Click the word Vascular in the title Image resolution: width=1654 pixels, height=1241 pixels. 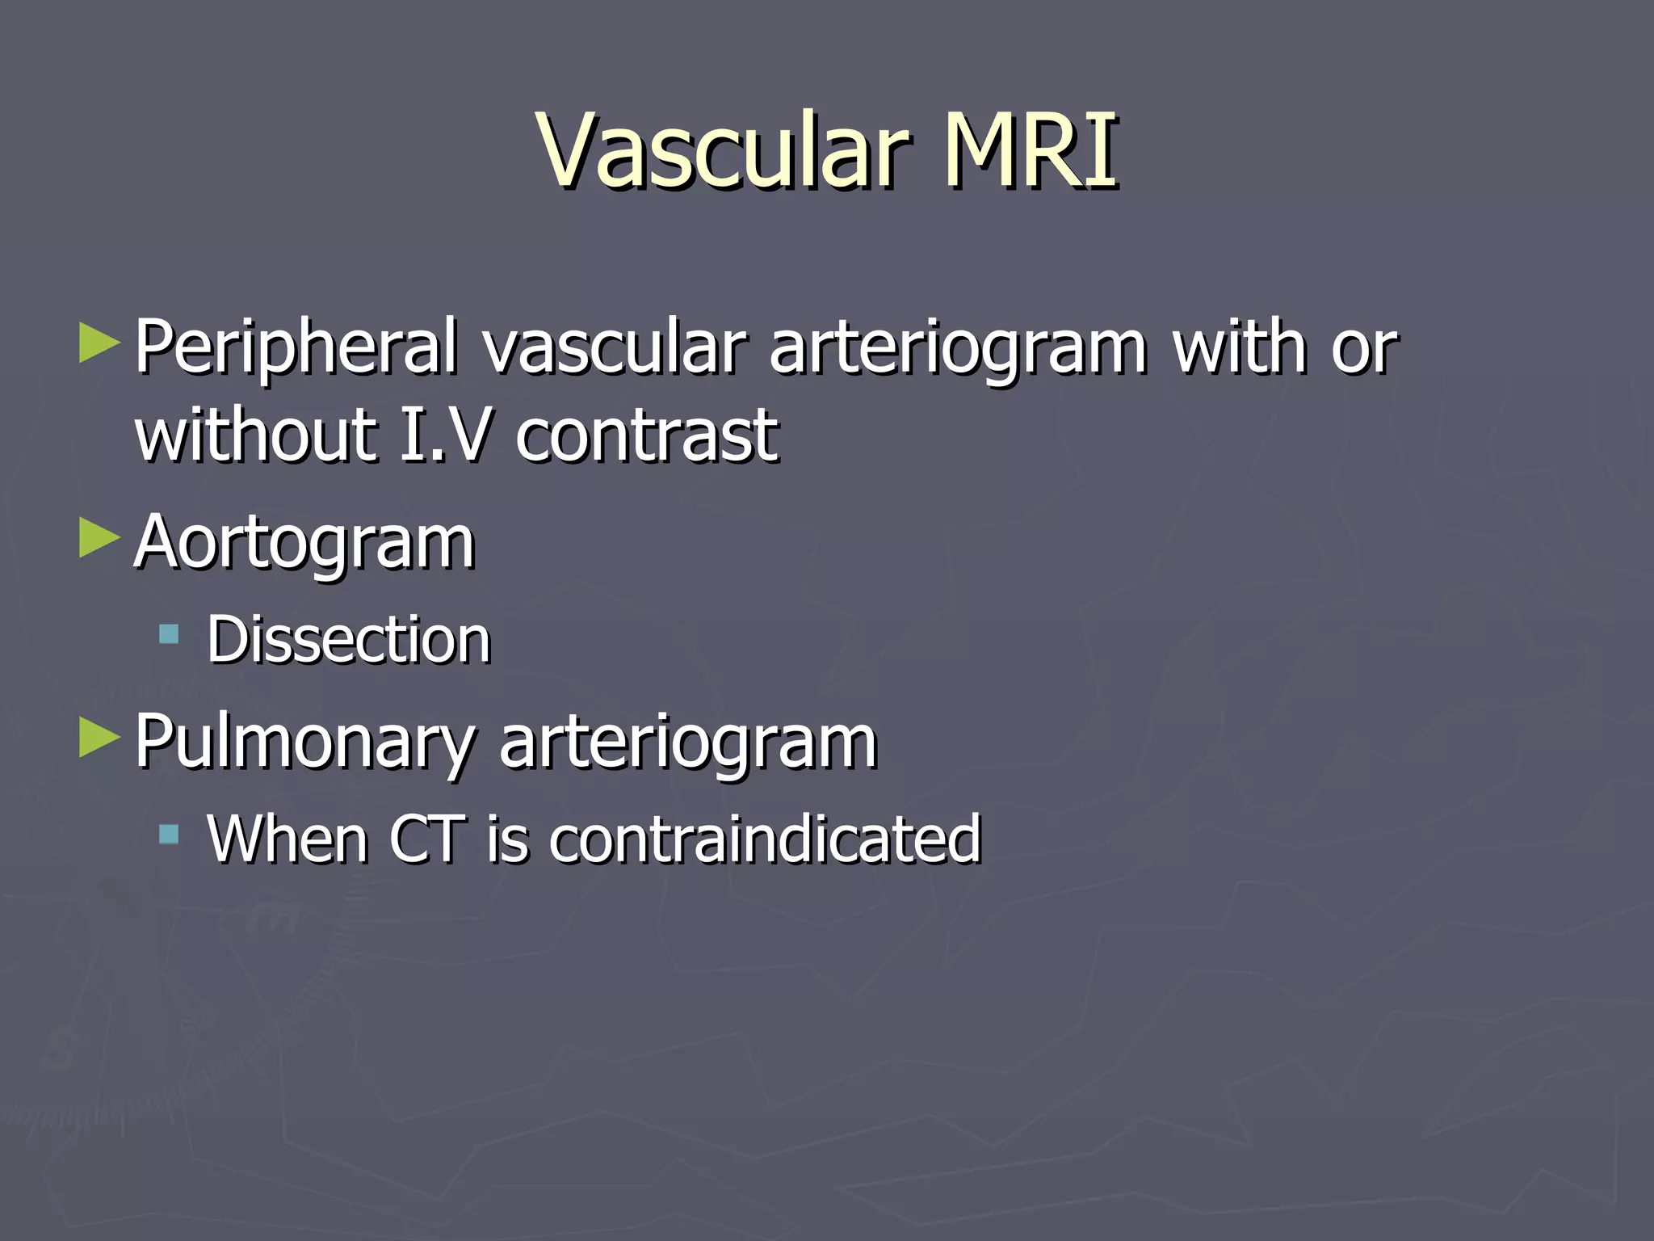[x=723, y=151]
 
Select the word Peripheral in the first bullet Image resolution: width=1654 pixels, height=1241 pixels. [x=296, y=347]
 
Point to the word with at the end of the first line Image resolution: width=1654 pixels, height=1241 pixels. [x=1240, y=347]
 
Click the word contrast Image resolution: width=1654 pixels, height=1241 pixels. [x=647, y=436]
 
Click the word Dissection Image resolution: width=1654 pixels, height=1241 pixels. [x=349, y=640]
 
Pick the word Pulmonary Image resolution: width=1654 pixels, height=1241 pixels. [x=305, y=743]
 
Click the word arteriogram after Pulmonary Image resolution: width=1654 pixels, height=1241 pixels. [x=688, y=743]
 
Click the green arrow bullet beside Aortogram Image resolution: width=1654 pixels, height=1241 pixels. [x=99, y=538]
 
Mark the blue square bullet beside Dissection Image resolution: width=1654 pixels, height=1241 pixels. [x=169, y=633]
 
